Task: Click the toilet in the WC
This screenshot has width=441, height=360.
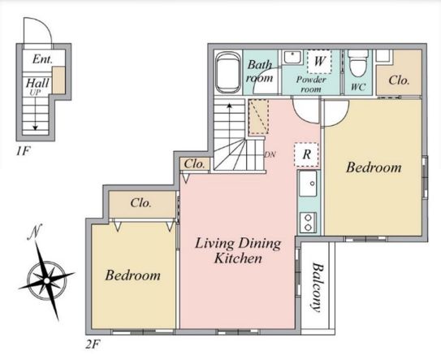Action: tap(357, 63)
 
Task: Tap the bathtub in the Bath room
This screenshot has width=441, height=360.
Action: tap(228, 72)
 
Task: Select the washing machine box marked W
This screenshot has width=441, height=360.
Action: tap(319, 62)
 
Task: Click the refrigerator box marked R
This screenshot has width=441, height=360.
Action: tap(306, 154)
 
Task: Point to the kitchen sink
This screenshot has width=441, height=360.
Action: tap(308, 184)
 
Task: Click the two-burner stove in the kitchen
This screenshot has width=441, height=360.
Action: tap(308, 223)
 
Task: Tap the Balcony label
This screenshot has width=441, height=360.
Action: tap(317, 288)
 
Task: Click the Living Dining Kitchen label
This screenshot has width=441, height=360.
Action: tap(238, 250)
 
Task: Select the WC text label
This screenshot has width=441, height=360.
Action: tap(358, 87)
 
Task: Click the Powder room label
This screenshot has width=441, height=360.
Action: tap(311, 85)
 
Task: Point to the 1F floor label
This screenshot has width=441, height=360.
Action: tap(23, 151)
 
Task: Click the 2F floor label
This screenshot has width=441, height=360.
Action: tap(93, 344)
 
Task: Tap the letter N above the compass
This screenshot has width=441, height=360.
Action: tap(35, 232)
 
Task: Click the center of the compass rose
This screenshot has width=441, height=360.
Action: tap(46, 280)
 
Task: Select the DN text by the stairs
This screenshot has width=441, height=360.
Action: tap(270, 154)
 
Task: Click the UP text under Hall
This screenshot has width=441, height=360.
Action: tap(36, 92)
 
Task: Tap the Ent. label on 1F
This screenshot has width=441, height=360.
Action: tap(42, 59)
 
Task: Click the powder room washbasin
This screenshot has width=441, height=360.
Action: tap(292, 57)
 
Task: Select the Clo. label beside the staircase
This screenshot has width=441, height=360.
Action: tap(194, 164)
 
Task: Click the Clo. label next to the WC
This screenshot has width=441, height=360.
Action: tap(399, 80)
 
